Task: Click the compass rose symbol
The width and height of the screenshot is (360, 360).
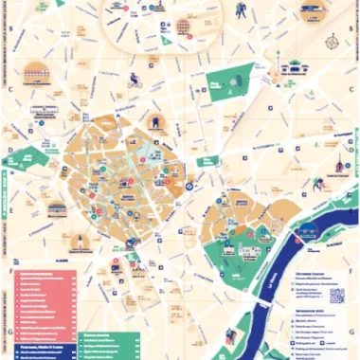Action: [332, 43]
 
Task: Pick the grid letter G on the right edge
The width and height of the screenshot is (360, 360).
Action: [355, 332]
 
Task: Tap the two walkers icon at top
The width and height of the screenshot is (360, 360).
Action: [241, 11]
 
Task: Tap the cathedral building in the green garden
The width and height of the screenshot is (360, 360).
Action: [248, 251]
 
